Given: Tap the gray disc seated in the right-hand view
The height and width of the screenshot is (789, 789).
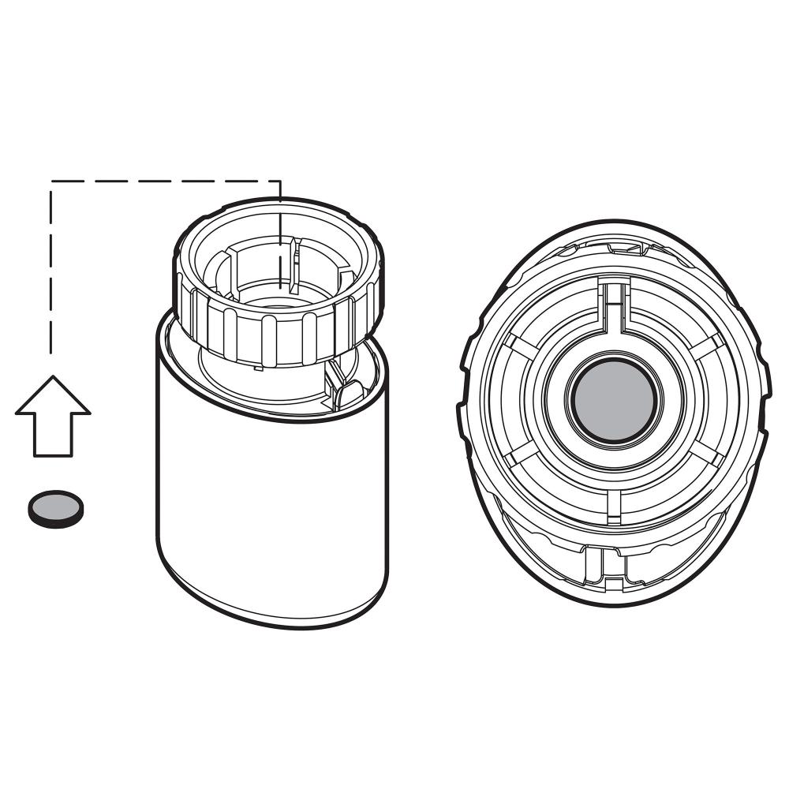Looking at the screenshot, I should pyautogui.click(x=613, y=402).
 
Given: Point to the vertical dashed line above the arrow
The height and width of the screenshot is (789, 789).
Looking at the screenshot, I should pyautogui.click(x=52, y=268).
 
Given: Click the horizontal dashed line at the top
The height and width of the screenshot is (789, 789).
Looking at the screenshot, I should pyautogui.click(x=166, y=181).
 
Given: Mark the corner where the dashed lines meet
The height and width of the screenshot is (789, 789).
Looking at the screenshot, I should pyautogui.click(x=52, y=181).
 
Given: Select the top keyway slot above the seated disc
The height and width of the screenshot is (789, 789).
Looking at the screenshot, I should pyautogui.click(x=612, y=304).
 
